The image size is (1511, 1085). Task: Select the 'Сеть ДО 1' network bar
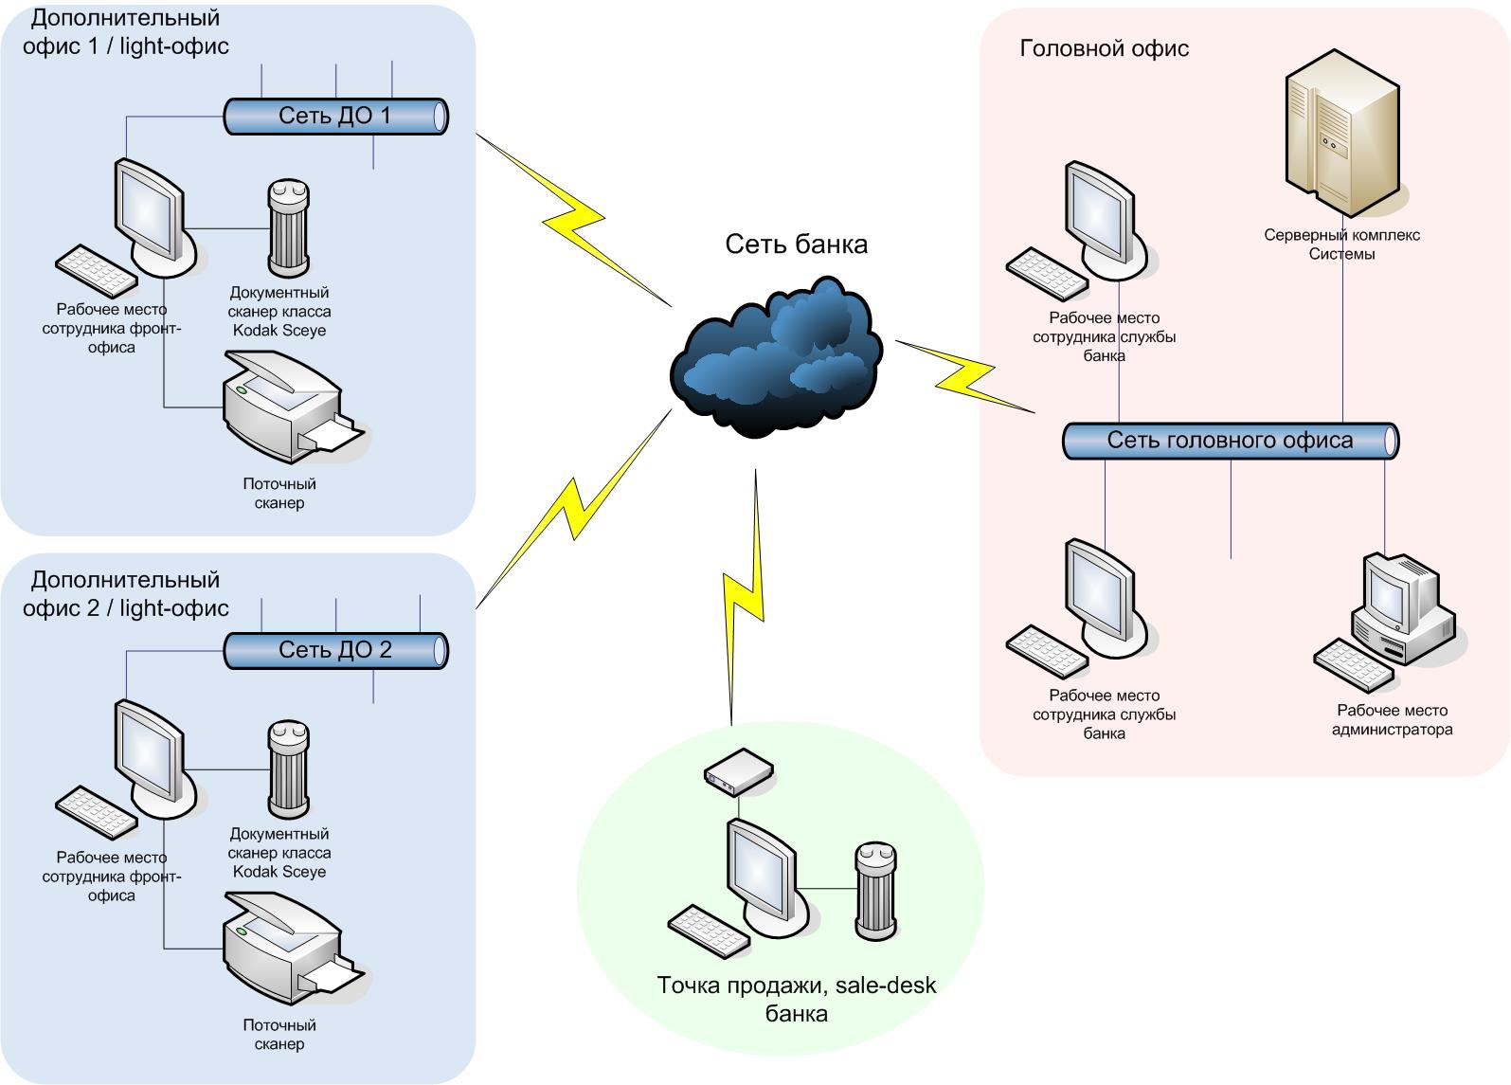click(335, 117)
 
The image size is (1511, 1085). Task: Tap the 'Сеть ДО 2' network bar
click(335, 651)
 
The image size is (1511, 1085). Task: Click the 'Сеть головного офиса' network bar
click(1230, 442)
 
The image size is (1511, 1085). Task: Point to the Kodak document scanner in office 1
click(288, 226)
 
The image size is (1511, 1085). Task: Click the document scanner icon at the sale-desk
click(875, 888)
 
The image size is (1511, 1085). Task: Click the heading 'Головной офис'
click(1104, 48)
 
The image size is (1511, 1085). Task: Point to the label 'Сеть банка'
click(796, 244)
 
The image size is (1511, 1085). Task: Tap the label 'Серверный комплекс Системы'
click(1341, 244)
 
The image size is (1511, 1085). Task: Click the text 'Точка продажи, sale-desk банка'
click(796, 999)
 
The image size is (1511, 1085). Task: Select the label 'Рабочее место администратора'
click(1392, 720)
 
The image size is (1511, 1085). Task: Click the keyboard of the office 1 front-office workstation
click(96, 272)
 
